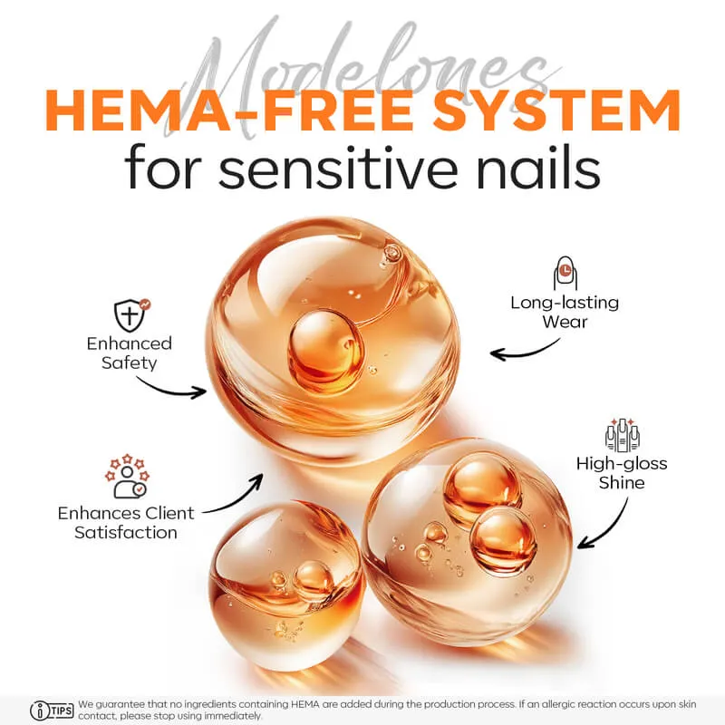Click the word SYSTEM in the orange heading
[x=556, y=111]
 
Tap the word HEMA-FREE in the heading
[x=229, y=111]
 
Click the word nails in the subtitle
[x=538, y=168]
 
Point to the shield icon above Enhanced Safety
[x=131, y=314]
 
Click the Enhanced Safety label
[x=129, y=353]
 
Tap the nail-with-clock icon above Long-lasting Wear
[x=565, y=274]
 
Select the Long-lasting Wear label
[x=565, y=312]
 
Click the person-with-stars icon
[x=127, y=477]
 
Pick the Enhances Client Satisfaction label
[x=126, y=523]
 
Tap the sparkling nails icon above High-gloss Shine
[x=623, y=435]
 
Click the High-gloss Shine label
[x=622, y=472]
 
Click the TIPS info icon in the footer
[x=52, y=710]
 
